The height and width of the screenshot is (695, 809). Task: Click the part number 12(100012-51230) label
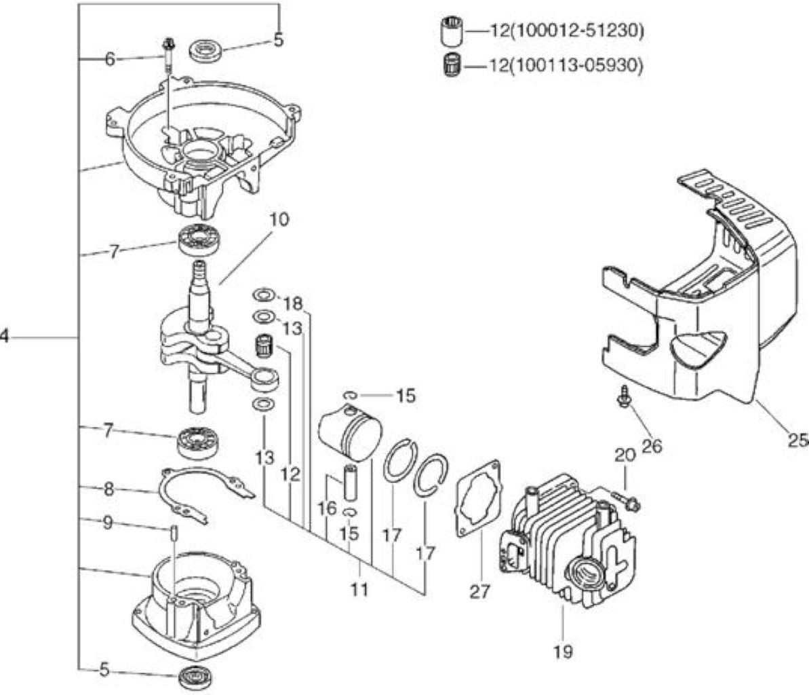(x=566, y=31)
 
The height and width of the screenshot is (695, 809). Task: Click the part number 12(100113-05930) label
(x=566, y=66)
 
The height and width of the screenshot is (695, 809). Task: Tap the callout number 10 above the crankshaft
(x=279, y=219)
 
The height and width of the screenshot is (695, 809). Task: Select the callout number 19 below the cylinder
(x=563, y=652)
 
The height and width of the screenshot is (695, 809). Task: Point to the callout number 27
(x=480, y=591)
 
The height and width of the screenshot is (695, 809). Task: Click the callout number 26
(x=651, y=446)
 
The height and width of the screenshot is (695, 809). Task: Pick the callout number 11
(x=359, y=589)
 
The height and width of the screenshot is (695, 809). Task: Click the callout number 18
(x=292, y=303)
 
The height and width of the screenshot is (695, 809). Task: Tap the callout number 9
(x=107, y=523)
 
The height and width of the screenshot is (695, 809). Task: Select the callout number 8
(x=108, y=489)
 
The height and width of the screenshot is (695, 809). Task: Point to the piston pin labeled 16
(x=351, y=483)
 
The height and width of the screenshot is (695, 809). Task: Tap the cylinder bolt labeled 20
(x=627, y=500)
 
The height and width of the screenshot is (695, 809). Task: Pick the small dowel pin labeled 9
(x=174, y=533)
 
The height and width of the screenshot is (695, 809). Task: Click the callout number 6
(x=110, y=59)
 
